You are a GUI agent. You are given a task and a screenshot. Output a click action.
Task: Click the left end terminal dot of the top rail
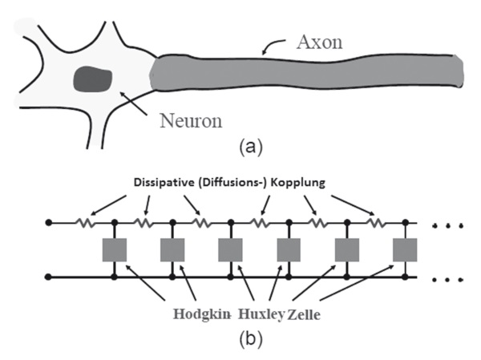pyautogui.click(x=50, y=221)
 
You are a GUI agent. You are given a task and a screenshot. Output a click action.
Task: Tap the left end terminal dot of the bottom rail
pyautogui.click(x=50, y=277)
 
